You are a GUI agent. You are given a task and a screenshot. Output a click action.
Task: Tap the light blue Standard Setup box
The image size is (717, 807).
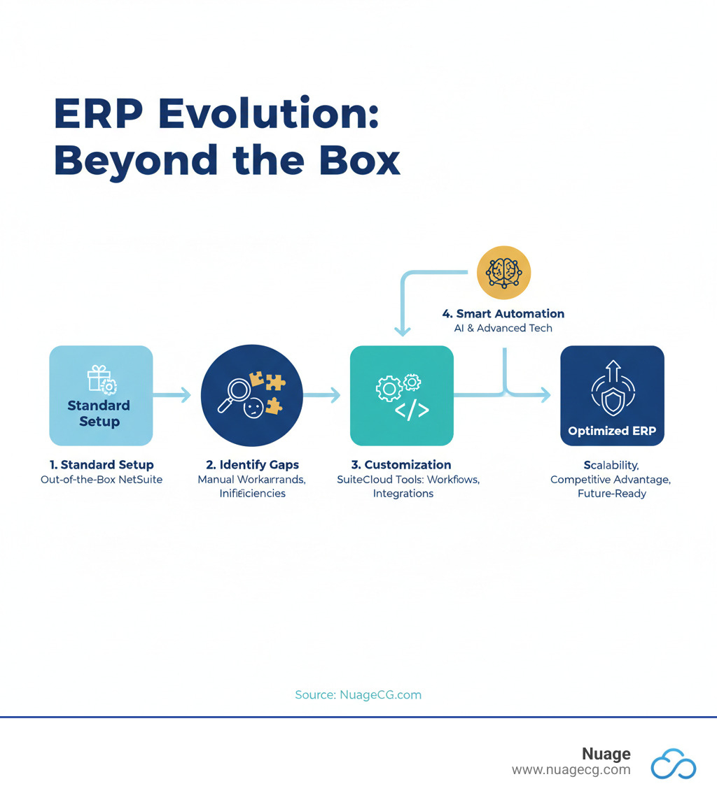[x=101, y=395]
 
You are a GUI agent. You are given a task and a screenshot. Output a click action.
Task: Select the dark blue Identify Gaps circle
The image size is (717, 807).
[x=251, y=395]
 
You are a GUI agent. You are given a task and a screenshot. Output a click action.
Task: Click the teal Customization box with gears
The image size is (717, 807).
[x=401, y=395]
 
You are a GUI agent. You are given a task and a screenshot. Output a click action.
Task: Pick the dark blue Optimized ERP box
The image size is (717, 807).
[x=612, y=395]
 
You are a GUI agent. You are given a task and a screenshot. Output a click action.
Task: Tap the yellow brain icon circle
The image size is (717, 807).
[x=503, y=273]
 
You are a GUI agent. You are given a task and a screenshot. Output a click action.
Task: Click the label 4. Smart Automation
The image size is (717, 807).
[x=503, y=313]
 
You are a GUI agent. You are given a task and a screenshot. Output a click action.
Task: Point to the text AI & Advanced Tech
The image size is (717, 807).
[x=503, y=328]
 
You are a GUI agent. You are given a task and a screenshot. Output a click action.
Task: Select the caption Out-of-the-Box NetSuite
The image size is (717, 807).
[x=102, y=479]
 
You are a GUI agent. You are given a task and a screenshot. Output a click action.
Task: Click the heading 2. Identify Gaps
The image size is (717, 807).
[x=252, y=464]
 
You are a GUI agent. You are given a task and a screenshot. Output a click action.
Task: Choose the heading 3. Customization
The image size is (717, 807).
[x=401, y=464]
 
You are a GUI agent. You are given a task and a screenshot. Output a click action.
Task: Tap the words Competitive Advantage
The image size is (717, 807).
[x=611, y=479]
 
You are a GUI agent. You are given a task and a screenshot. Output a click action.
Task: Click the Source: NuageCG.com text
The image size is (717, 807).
[x=358, y=694]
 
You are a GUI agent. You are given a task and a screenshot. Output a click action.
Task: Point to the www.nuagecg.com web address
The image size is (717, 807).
[x=571, y=770]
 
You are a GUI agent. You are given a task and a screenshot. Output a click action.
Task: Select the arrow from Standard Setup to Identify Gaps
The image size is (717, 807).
[x=172, y=395]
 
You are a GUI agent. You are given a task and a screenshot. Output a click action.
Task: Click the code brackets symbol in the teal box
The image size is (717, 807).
[x=412, y=410]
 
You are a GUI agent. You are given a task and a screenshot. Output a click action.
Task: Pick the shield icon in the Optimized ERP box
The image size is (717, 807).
[x=612, y=400]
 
